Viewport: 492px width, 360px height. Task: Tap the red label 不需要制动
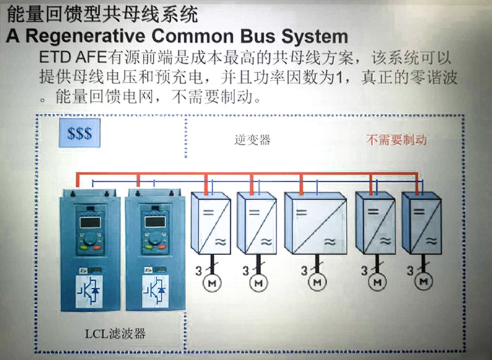[x=396, y=140]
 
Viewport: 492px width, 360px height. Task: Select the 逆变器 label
[x=252, y=140]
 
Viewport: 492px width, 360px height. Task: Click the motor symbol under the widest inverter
[x=317, y=281]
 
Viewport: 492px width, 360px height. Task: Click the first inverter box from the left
[x=210, y=223]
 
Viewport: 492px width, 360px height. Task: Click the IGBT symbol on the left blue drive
[x=87, y=290]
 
